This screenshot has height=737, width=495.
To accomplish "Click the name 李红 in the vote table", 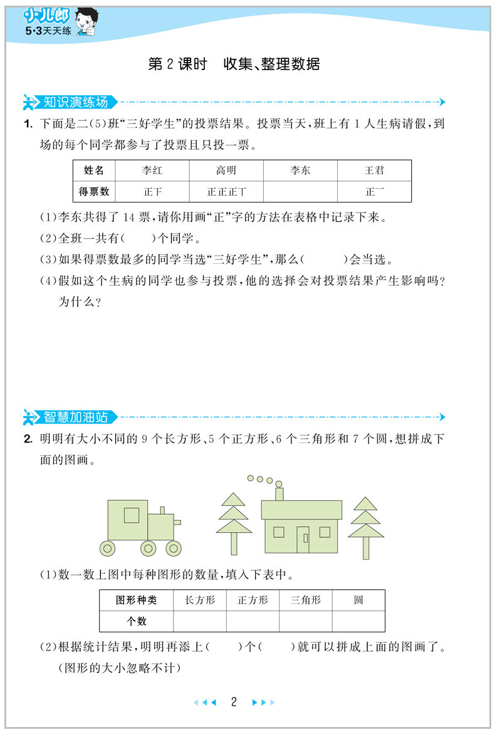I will [152, 170].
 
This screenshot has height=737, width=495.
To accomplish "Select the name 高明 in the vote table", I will [226, 170].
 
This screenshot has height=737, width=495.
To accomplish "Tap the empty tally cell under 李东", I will [300, 192].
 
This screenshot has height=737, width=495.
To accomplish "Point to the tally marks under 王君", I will [374, 192].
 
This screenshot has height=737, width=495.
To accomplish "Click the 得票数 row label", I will [95, 192].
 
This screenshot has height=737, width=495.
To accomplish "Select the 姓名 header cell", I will [95, 170].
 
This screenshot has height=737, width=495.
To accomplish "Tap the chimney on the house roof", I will [279, 493].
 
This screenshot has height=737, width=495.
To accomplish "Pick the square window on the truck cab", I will [132, 515].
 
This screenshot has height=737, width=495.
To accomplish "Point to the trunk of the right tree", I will [366, 548].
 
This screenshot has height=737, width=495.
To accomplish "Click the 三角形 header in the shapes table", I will [305, 600].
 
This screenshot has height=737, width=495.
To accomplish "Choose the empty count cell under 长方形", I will [200, 621].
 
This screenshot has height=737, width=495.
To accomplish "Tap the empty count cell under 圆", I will [358, 621].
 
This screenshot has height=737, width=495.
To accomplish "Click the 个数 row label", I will [136, 621].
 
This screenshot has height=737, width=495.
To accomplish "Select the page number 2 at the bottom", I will [234, 702].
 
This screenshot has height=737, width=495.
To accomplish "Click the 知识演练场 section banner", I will [75, 102].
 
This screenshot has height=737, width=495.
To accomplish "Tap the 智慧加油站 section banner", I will [75, 416].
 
